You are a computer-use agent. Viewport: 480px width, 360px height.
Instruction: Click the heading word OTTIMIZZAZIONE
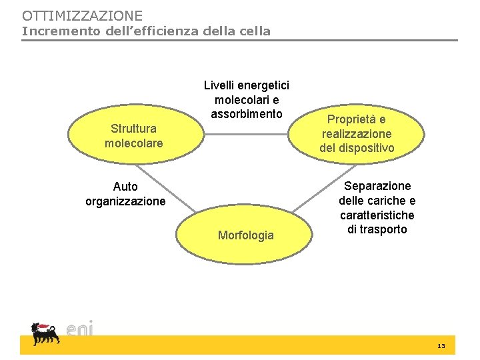pos(82,15)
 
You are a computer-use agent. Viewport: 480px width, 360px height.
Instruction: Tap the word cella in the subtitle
pos(254,31)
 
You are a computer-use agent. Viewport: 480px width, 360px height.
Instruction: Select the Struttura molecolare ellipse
pos(133,135)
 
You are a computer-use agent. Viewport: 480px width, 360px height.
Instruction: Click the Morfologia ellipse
pos(246,235)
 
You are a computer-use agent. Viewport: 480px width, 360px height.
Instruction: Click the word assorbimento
pos(247,114)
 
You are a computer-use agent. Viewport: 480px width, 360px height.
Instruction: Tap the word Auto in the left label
pos(125,187)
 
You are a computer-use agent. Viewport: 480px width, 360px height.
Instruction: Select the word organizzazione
pos(125,201)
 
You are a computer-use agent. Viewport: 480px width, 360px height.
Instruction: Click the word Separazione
pos(377,186)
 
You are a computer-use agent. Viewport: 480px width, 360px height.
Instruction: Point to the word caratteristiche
pos(377,215)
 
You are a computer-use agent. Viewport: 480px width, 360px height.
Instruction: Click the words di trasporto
pos(377,229)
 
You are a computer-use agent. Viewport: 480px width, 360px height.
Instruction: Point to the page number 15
pos(441,347)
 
